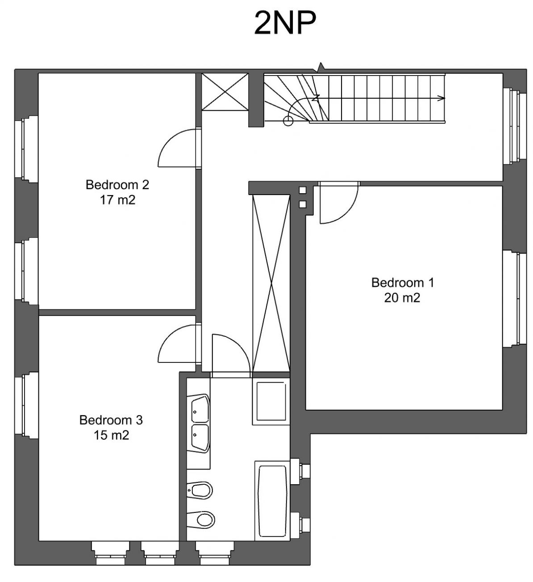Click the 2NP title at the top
click(x=285, y=23)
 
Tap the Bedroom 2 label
click(x=117, y=185)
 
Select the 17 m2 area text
click(x=117, y=200)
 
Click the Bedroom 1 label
click(x=403, y=283)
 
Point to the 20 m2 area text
click(x=402, y=298)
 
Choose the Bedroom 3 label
click(x=111, y=420)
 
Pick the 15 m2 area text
click(x=112, y=435)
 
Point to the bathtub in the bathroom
click(x=272, y=501)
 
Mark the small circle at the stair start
click(x=288, y=121)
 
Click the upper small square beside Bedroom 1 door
click(x=303, y=190)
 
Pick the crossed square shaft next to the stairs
click(x=225, y=92)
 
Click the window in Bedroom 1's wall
click(x=515, y=300)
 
